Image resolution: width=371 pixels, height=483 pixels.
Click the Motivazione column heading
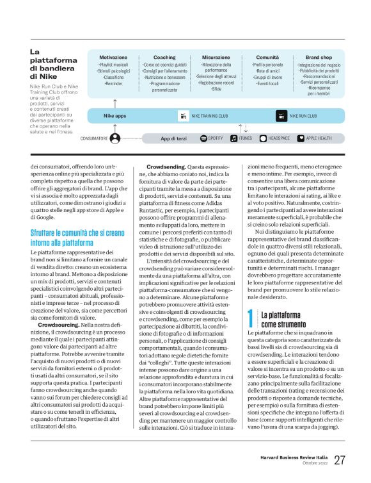pos(113,57)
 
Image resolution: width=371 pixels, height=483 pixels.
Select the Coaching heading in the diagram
pos(164,57)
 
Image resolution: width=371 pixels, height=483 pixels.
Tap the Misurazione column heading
pos(216,57)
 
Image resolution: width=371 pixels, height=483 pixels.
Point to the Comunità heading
pos(267,57)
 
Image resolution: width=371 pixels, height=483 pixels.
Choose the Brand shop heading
pos(312,57)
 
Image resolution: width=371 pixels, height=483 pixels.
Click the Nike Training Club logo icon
pos(184,117)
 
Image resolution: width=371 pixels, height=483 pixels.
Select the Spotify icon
pos(203,138)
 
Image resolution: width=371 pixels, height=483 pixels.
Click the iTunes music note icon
pos(234,138)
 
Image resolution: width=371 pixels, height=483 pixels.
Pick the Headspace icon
pos(263,138)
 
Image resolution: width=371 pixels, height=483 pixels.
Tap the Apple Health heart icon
pos(301,138)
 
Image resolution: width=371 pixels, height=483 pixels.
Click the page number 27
pos(339,459)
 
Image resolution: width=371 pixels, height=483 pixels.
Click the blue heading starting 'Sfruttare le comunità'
pos(68,238)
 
